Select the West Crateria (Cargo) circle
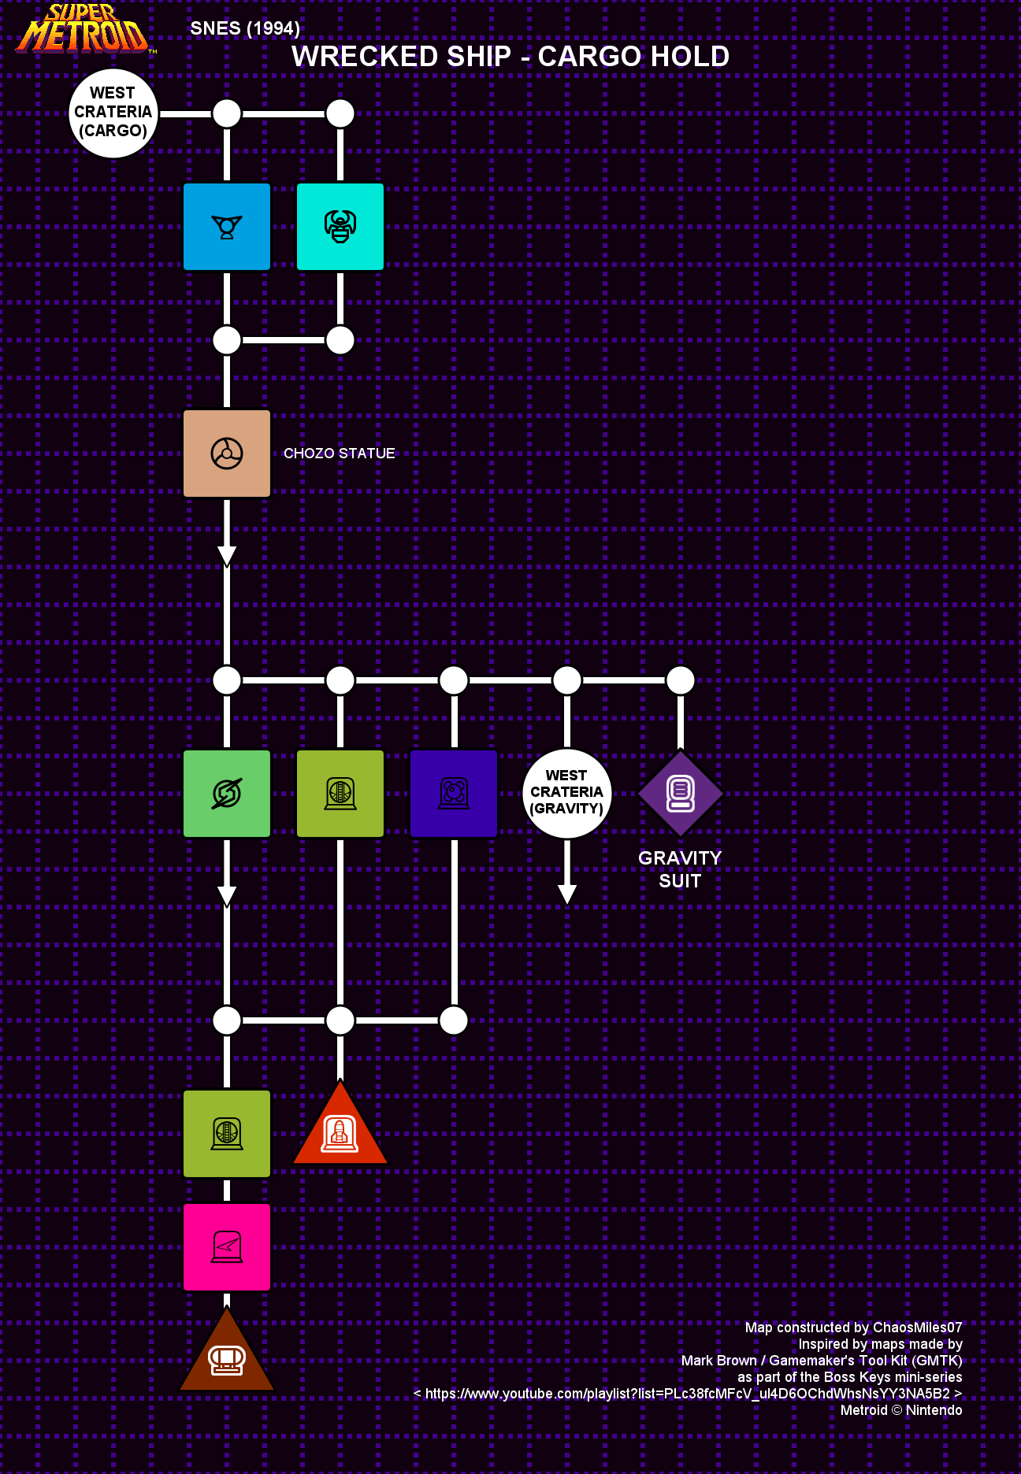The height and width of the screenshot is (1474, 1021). [113, 113]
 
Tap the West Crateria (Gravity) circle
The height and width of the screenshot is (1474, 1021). [567, 793]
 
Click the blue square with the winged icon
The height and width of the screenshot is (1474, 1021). [227, 227]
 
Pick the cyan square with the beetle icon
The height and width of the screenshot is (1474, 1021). [340, 227]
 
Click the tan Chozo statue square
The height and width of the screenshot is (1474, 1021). [227, 454]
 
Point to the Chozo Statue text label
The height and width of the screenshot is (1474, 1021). [340, 454]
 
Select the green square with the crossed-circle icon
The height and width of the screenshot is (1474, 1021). [227, 794]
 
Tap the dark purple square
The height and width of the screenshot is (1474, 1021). [454, 794]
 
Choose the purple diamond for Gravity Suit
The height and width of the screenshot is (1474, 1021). [681, 793]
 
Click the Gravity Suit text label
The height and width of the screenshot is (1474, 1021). [680, 869]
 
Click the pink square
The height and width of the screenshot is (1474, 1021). [227, 1247]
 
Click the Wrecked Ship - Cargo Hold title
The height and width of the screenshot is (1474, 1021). [510, 57]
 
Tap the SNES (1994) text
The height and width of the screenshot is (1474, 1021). [245, 28]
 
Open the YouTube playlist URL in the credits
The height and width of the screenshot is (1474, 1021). [688, 1394]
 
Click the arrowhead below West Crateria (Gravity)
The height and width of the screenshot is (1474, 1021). [567, 894]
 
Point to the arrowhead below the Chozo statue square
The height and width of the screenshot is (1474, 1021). [227, 557]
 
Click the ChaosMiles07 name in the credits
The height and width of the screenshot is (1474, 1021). [918, 1328]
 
